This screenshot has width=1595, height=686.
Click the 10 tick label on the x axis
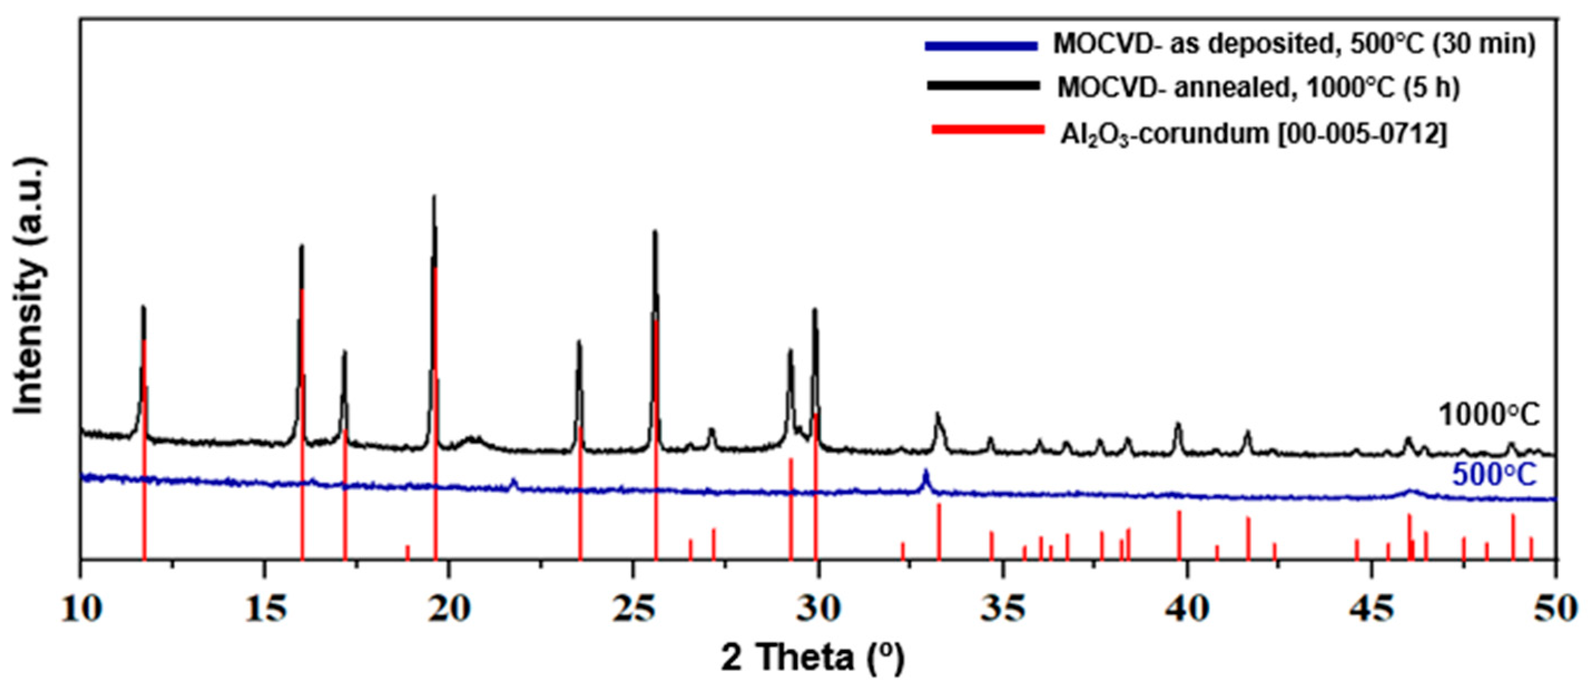click(x=80, y=610)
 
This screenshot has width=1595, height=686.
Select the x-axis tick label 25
click(x=633, y=610)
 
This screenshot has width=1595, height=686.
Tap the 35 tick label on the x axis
click(x=1003, y=610)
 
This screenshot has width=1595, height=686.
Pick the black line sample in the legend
click(x=983, y=86)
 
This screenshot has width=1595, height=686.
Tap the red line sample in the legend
click(x=988, y=130)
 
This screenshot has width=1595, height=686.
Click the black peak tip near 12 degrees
click(x=144, y=308)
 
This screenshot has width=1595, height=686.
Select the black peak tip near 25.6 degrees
click(x=655, y=233)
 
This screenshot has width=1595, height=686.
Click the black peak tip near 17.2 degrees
click(x=345, y=353)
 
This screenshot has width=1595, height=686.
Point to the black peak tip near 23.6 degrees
click(x=579, y=342)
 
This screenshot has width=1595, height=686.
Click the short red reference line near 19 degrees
click(x=407, y=551)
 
